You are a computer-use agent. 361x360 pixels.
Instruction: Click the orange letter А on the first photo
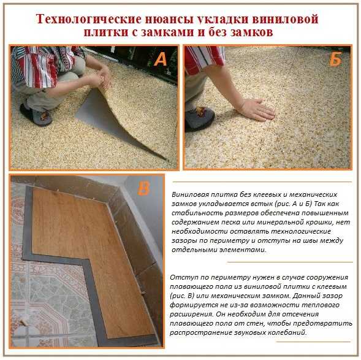click(161, 59)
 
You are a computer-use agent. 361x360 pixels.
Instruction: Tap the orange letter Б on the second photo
click(335, 59)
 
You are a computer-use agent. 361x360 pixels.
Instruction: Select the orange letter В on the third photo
click(143, 189)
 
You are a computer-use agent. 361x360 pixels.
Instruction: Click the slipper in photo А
click(36, 115)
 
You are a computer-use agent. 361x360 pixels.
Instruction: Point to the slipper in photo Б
click(200, 118)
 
